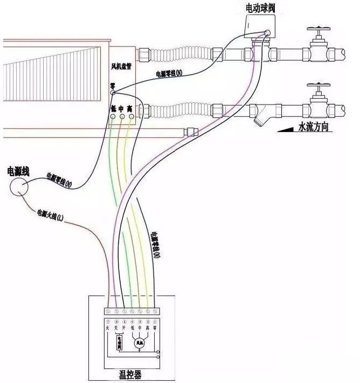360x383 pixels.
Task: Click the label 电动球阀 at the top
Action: click(261, 8)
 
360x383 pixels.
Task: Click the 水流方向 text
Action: click(321, 128)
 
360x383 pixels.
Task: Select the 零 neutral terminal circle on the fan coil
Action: click(113, 93)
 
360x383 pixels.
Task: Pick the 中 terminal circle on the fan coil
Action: click(121, 117)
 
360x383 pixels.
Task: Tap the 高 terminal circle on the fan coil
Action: click(130, 117)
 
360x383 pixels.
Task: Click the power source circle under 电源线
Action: click(19, 186)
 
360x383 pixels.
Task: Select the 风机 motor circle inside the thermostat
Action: click(139, 343)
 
